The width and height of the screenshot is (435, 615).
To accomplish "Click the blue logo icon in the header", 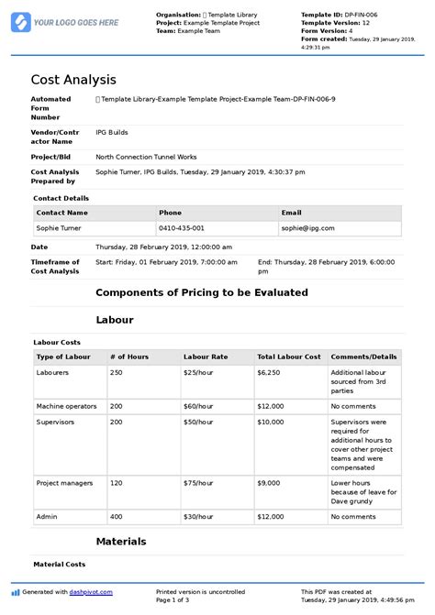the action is (20, 21).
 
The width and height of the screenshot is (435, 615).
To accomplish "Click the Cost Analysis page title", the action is (73, 80).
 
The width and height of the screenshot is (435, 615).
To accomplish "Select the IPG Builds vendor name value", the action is (113, 134).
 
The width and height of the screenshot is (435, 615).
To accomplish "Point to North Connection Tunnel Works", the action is (146, 157).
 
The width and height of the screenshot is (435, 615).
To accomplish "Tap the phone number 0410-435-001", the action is (182, 228).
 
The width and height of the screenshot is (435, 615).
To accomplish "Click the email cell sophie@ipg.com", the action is (308, 228).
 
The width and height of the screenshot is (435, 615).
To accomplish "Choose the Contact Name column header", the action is (62, 213).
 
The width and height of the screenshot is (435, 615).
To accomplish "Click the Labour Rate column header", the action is (206, 356).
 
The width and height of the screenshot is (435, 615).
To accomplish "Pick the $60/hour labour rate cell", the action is (200, 405).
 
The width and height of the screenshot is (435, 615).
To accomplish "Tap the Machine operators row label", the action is (65, 405).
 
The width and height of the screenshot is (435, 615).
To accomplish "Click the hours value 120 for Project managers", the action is (116, 482).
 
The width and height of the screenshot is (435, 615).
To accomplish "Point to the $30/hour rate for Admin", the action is (200, 516).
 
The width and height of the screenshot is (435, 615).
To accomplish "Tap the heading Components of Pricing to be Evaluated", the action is (202, 292).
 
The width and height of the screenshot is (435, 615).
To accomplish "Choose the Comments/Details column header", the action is (363, 356).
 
